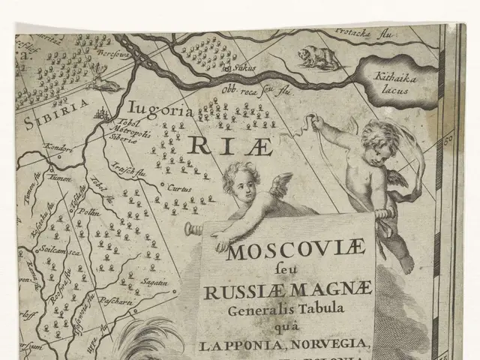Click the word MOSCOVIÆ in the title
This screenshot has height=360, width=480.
pyautogui.click(x=287, y=250)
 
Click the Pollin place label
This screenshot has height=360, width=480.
pyautogui.click(x=90, y=213)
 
